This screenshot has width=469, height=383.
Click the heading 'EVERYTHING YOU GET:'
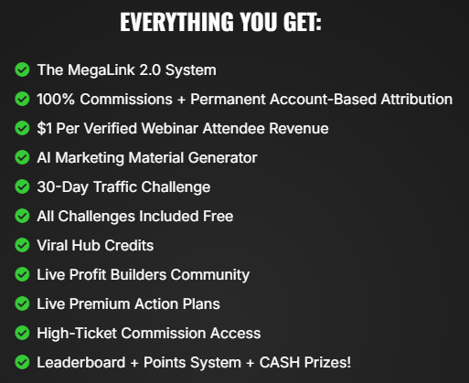coord(220,22)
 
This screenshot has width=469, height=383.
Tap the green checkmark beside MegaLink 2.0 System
coord(22,69)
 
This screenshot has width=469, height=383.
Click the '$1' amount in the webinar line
coord(46,128)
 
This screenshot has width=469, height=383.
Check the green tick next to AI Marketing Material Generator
coord(22,157)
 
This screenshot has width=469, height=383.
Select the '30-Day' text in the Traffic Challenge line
coord(60,186)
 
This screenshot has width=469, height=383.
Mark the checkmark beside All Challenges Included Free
coord(22,216)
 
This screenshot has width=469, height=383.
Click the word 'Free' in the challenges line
coord(217,216)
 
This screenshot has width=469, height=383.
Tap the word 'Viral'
coord(54,245)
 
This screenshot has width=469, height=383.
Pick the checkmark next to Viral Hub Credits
coord(22,245)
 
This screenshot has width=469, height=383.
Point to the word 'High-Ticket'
coord(76,333)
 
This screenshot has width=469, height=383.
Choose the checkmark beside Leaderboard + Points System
coord(22,362)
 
